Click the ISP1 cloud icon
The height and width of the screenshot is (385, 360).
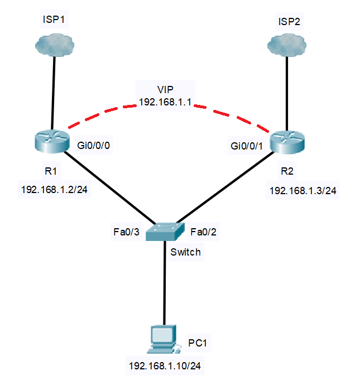pos(54,44)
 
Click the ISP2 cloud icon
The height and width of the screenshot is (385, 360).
pos(287,44)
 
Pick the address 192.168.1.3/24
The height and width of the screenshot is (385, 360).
pos(303,190)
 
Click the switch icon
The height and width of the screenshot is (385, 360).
pos(165,231)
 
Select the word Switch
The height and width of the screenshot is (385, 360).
pos(185,252)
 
